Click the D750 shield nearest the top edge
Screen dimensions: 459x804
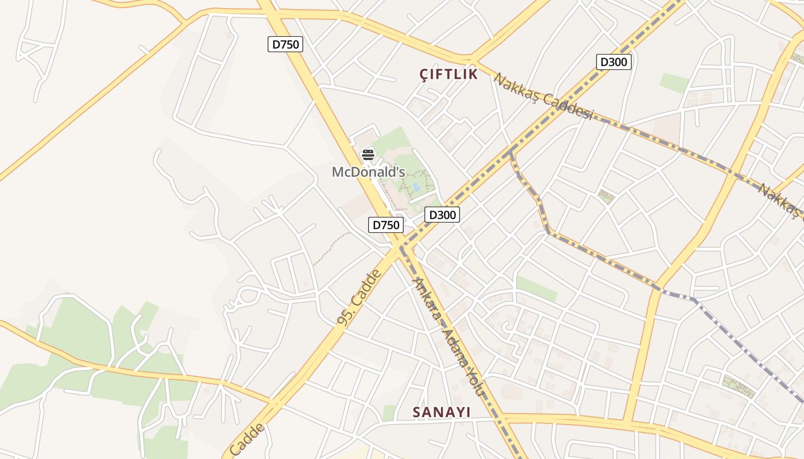click(x=285, y=44)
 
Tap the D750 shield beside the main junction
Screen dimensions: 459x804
click(x=385, y=225)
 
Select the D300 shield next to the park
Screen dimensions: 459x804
click(x=442, y=215)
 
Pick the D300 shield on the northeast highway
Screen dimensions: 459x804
click(x=613, y=62)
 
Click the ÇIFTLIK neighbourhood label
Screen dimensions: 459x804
click(x=449, y=74)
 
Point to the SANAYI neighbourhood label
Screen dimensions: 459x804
click(x=442, y=412)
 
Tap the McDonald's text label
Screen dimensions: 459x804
click(x=369, y=172)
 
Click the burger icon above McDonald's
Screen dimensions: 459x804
click(x=368, y=154)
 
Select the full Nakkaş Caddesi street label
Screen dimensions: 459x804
click(x=543, y=96)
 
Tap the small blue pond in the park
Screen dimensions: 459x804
click(x=415, y=187)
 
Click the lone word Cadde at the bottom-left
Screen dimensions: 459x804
click(x=248, y=439)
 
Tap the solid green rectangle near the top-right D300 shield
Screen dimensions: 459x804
click(x=674, y=83)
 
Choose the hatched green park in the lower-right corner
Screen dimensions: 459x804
click(x=739, y=386)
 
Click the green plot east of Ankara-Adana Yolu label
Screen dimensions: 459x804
click(x=536, y=288)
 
